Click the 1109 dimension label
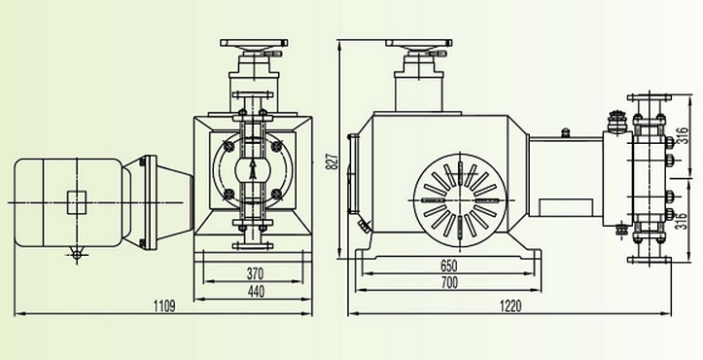click(164, 306)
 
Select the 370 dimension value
click(255, 272)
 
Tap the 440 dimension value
click(256, 291)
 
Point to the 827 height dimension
click(333, 158)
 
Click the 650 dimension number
click(448, 266)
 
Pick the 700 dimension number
click(449, 282)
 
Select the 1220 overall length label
click(510, 306)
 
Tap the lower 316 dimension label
click(682, 219)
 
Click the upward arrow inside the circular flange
click(253, 169)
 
